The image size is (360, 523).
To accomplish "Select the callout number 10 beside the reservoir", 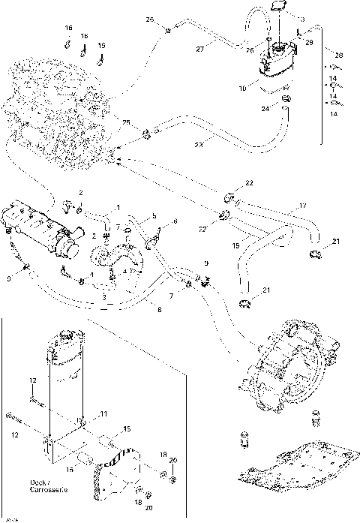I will click(241, 88).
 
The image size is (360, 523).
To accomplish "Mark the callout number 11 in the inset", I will click(103, 414).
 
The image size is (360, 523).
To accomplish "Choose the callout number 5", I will click(153, 216).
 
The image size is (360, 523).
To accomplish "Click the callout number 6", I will click(175, 221).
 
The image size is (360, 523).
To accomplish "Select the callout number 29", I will click(308, 45).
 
